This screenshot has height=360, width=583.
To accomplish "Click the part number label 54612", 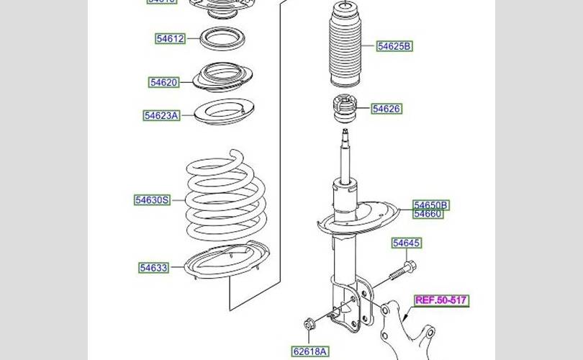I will [x=170, y=38].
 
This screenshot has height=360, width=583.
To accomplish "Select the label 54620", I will [x=163, y=83].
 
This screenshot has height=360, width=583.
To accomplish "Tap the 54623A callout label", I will [x=161, y=115].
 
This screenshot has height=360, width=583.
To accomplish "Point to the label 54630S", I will [x=152, y=199].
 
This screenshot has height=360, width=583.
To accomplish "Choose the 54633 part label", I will [x=153, y=268].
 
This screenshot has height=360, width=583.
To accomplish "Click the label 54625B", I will [x=394, y=47].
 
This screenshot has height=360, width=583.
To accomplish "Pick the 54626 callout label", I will [x=387, y=109].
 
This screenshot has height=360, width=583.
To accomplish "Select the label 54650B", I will [x=430, y=204].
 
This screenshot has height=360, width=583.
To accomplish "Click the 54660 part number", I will [x=428, y=213].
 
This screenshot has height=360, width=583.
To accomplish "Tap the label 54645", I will [x=406, y=243].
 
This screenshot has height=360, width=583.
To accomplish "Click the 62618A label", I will [x=309, y=351].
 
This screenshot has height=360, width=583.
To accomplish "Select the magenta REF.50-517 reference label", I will [x=441, y=300].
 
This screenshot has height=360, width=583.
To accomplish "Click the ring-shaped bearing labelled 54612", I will [x=221, y=38].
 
